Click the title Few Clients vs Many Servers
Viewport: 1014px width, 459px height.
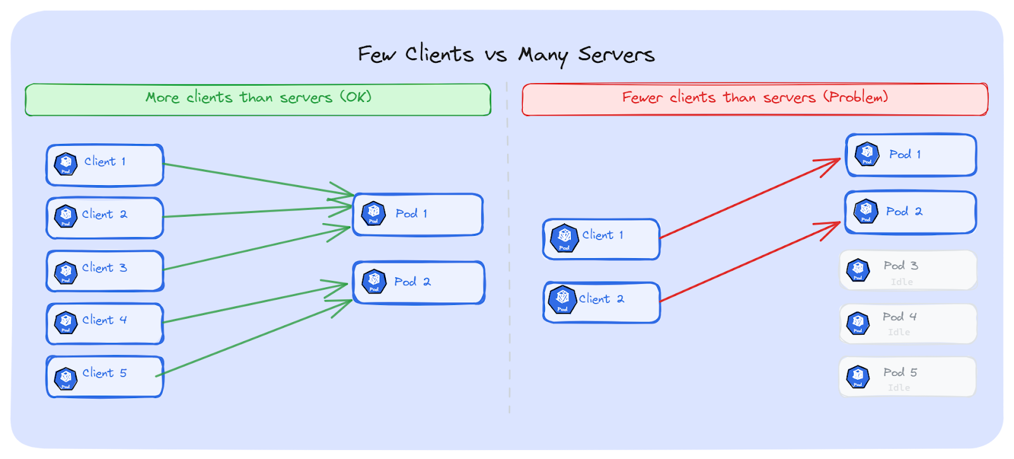coord(506,55)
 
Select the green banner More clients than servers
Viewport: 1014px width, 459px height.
coord(258,99)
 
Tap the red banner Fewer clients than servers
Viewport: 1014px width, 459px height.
coord(754,99)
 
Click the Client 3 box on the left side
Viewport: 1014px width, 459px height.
coord(105,271)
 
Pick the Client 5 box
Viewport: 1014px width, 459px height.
coord(105,377)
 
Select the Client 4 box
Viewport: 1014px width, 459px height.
coord(105,323)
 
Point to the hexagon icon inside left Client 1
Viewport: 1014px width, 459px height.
coord(66,164)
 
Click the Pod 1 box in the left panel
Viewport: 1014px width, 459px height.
coord(418,214)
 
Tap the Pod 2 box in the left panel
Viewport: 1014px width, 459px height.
coord(418,282)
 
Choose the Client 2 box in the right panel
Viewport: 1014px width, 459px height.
coord(601,302)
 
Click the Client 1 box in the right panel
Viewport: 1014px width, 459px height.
coord(601,238)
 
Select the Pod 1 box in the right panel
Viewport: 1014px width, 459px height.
coord(911,155)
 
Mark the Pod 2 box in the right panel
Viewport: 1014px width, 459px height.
coord(910,212)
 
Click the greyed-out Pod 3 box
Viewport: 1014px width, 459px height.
coord(908,270)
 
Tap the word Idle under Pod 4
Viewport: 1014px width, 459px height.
coord(899,332)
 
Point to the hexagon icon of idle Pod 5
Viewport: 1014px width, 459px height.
coord(857,377)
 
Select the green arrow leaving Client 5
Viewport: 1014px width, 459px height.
coord(253,339)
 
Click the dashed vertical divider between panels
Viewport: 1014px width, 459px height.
coord(508,254)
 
